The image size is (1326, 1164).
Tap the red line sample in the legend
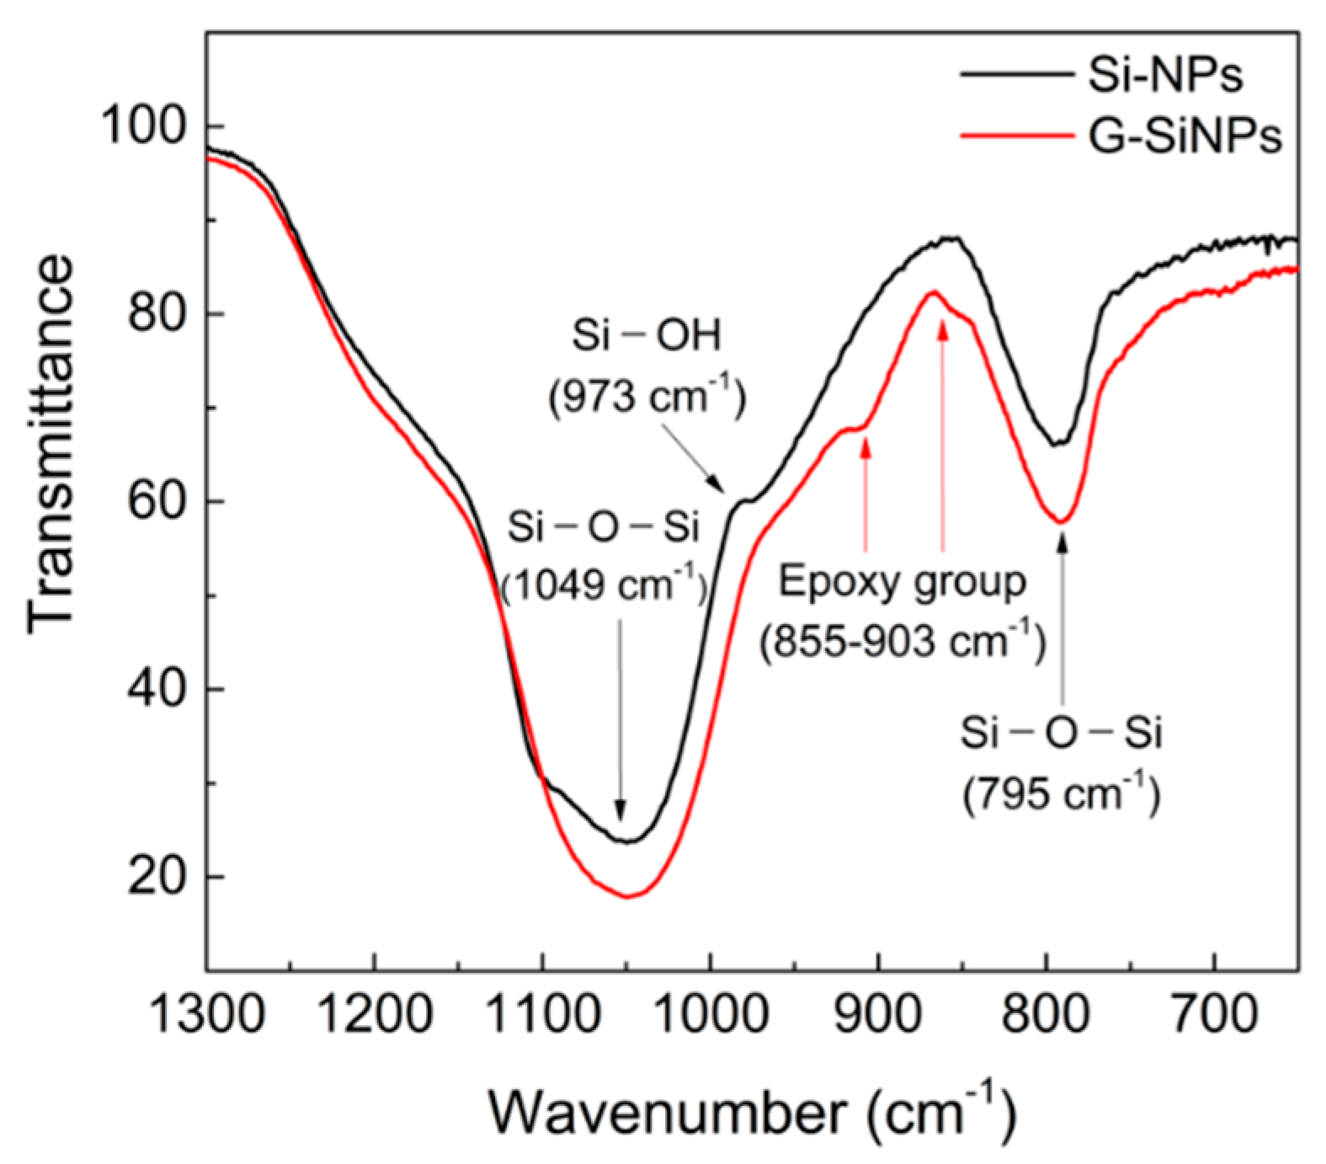(x=1014, y=135)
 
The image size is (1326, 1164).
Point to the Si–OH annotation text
(x=647, y=337)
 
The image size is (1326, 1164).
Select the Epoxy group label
(x=902, y=582)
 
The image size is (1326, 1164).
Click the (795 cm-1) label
(x=1062, y=793)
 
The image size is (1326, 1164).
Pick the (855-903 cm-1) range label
(x=902, y=643)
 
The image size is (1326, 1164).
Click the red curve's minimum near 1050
(x=626, y=896)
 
